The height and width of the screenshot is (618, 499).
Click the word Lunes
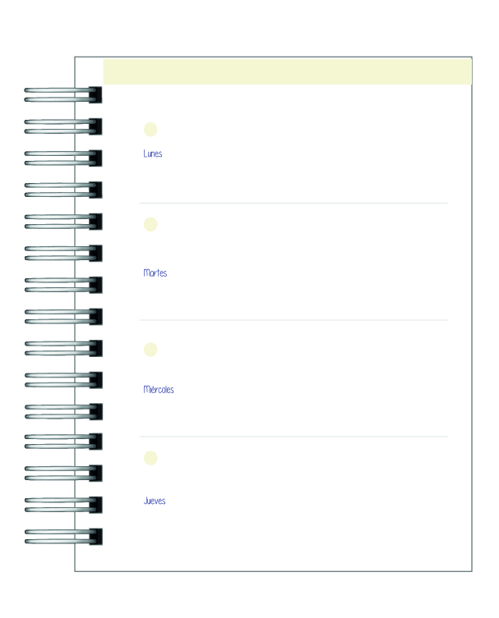[152, 153]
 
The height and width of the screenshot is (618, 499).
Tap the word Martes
[155, 272]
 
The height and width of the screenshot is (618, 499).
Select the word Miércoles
[159, 389]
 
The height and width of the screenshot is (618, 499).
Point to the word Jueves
[155, 501]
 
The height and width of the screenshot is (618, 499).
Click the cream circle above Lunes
[150, 130]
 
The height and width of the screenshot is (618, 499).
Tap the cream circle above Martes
[150, 224]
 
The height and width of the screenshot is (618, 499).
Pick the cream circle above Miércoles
[150, 349]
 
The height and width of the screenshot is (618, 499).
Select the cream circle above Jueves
[150, 458]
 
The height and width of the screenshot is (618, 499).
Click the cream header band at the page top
[288, 71]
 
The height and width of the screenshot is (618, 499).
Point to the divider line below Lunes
[293, 204]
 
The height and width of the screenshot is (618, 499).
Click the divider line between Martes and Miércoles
[293, 320]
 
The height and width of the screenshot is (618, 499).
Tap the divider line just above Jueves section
[293, 437]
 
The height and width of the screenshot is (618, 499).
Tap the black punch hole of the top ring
[95, 95]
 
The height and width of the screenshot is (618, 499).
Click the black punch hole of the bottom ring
[95, 537]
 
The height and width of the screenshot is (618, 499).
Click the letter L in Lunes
[146, 153]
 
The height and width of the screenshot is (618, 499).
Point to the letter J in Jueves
[146, 501]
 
